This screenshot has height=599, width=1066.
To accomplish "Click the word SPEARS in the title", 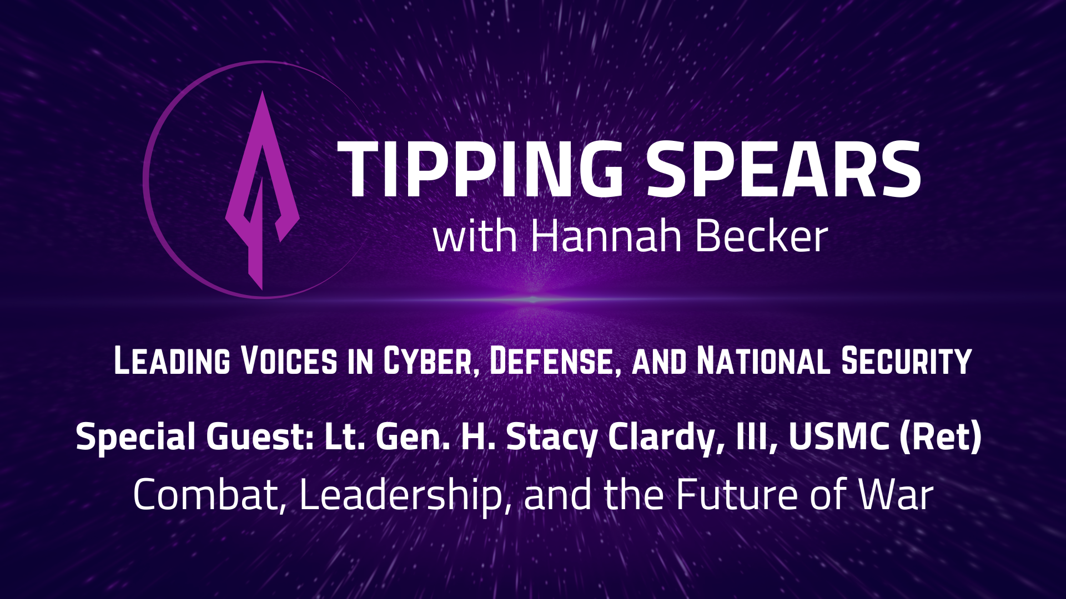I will click(783, 169).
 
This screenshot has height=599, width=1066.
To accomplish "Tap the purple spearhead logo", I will click(262, 189).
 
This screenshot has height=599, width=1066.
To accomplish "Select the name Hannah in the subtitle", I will click(606, 236).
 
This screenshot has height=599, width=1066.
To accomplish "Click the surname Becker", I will click(761, 236).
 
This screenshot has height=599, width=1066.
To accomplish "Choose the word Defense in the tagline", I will click(555, 361).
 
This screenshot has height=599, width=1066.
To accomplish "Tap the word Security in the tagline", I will click(906, 361).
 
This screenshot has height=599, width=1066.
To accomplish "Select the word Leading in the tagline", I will click(172, 361).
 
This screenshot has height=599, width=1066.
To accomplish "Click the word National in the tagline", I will click(763, 361).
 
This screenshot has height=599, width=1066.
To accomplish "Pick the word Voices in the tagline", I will click(289, 361).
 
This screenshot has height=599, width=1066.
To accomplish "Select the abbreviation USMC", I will click(838, 436).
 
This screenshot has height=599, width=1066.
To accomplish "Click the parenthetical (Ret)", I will click(941, 436).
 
